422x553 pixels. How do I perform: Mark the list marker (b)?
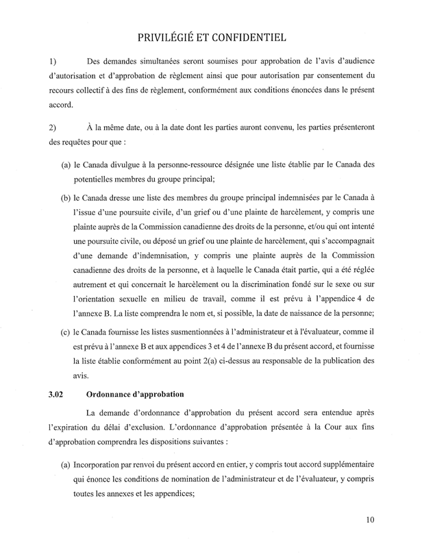[68, 198]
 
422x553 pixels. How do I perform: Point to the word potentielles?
[112, 180]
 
